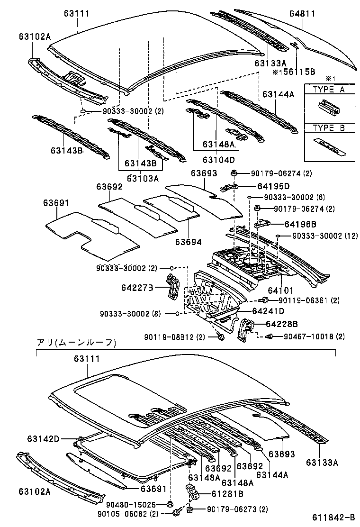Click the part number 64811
pos(302,14)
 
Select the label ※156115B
pos(293,72)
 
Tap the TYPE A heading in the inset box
pos(329,90)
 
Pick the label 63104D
pos(219,160)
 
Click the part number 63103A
pos(143,178)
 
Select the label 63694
pos(188,242)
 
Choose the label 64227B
pos(137,286)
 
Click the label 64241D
pos(268,311)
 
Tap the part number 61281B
pos(227,494)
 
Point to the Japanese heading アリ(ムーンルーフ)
pos(76,342)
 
